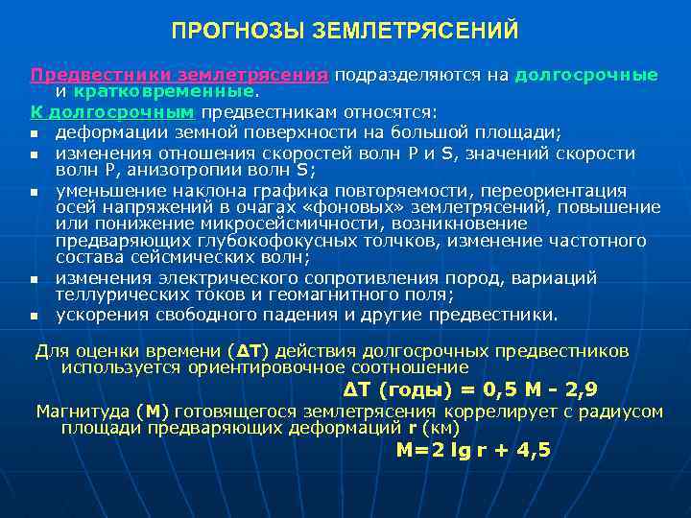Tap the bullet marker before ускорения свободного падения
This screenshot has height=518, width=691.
pos(34,316)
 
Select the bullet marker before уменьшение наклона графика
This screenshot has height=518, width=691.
pos(34,192)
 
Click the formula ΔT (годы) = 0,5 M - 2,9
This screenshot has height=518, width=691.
pos(469,389)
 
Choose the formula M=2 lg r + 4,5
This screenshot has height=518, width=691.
pos(473,450)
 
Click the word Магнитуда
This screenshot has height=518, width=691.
pos(83,412)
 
